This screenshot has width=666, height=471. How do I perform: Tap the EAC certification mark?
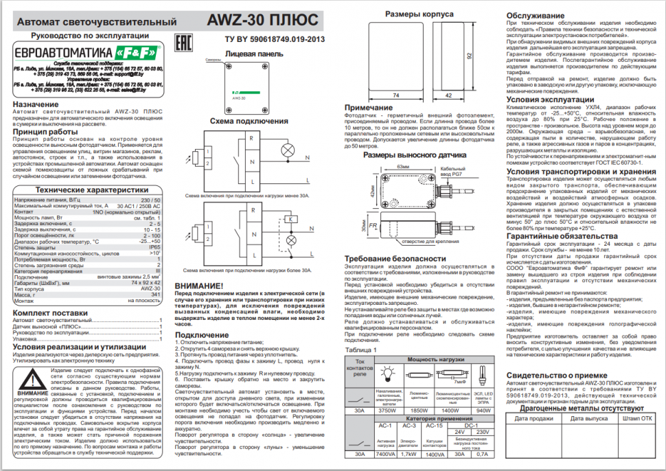pos(184,41)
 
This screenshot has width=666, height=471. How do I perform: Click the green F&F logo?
pos(136,52)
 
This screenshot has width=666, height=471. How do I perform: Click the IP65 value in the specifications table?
pos(154,246)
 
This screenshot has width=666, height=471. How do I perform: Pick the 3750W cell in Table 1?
pos(389,411)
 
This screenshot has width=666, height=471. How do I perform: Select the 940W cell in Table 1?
pos(483,411)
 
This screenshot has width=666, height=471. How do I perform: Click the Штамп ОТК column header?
pos(637,417)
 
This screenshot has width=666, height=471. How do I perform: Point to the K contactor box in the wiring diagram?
pos(291,219)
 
